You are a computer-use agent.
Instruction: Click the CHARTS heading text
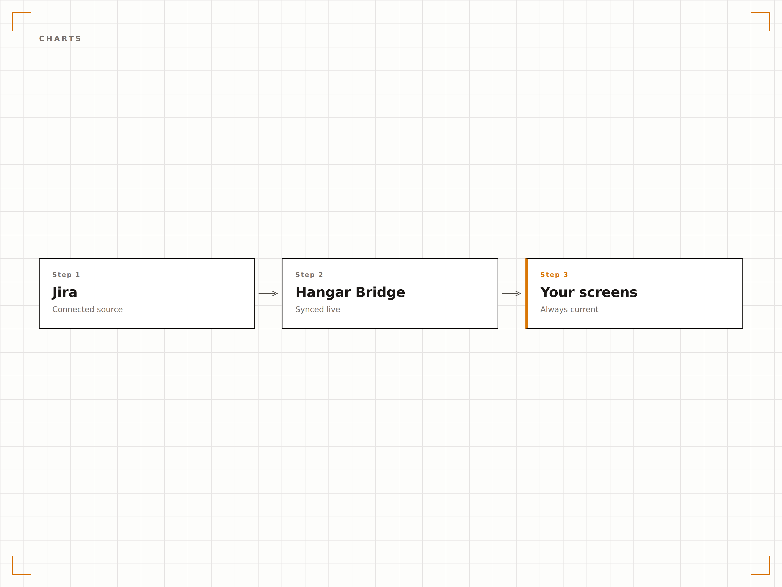(x=60, y=39)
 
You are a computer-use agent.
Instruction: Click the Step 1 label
(x=66, y=275)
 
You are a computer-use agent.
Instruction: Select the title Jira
(x=65, y=293)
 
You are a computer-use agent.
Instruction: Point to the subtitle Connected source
(x=87, y=309)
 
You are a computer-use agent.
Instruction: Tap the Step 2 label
(x=309, y=275)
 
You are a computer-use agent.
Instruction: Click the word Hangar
(x=323, y=293)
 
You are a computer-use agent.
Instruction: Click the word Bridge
(x=380, y=292)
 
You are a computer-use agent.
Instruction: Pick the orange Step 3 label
(x=554, y=275)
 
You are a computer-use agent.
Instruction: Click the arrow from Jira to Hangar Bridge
(x=268, y=293)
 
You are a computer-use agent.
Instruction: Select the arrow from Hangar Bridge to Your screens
(x=511, y=293)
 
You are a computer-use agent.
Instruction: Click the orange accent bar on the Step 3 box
(x=526, y=293)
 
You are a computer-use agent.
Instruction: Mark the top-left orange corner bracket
(x=12, y=13)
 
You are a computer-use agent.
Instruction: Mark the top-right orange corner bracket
(x=769, y=13)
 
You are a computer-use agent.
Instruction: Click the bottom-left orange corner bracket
(x=12, y=574)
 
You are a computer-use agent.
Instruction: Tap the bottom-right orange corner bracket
(x=769, y=574)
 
